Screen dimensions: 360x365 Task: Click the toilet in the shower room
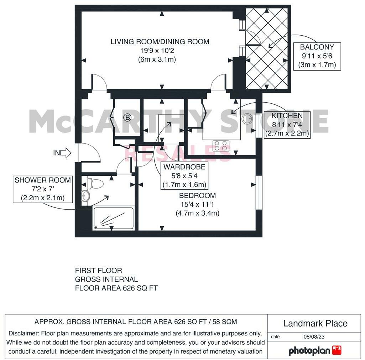[97, 184]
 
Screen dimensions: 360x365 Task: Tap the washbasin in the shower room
[85, 195]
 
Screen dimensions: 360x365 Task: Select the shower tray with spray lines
[113, 218]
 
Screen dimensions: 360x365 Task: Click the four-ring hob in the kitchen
[221, 145]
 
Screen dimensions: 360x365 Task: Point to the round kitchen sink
[247, 119]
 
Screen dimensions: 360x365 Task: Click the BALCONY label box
[317, 56]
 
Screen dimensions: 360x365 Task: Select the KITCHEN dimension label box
[287, 124]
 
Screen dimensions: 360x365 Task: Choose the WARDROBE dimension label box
[184, 176]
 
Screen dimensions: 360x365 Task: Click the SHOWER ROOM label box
[43, 189]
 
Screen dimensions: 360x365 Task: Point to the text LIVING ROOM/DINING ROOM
[160, 42]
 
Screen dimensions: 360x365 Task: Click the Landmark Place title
[315, 323]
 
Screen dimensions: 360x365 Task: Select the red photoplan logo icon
[337, 350]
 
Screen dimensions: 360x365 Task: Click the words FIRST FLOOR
[99, 271]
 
